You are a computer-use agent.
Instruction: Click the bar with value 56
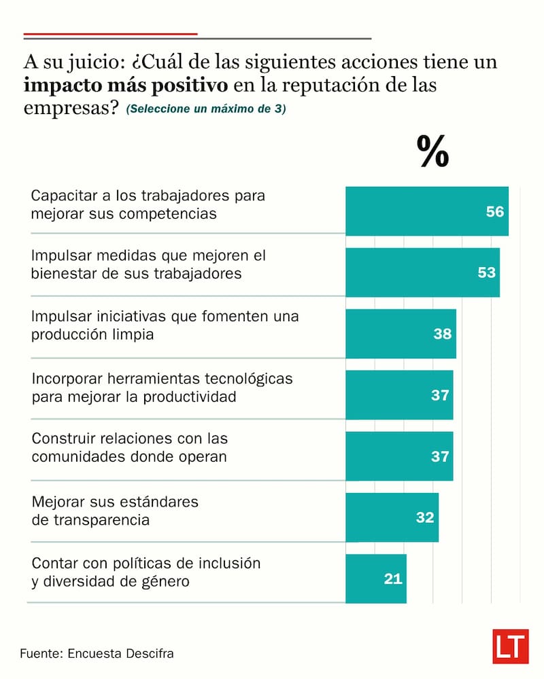[427, 211]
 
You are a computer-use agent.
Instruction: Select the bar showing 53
[422, 272]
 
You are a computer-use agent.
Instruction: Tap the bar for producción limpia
[401, 333]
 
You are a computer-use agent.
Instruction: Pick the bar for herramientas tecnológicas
[399, 394]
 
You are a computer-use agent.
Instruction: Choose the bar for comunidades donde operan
[399, 456]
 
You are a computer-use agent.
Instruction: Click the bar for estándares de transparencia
[392, 517]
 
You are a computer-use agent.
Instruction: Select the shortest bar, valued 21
[375, 579]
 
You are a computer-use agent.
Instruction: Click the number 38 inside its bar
[443, 334]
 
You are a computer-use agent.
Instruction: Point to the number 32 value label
[425, 517]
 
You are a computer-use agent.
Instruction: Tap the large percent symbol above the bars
[433, 151]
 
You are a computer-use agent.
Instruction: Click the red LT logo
[511, 646]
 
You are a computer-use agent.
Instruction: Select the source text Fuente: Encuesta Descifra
[97, 654]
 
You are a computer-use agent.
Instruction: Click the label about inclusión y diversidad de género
[146, 572]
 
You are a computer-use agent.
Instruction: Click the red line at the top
[110, 33]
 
